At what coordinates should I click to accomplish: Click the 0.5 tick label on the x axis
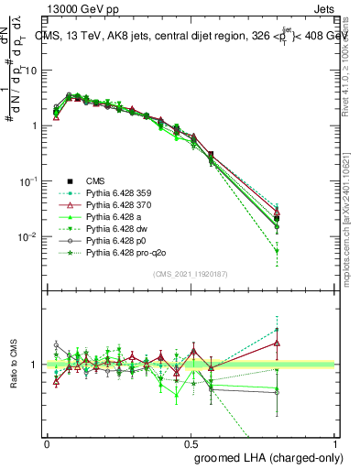click(191, 442)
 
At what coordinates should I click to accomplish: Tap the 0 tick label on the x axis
click(47, 442)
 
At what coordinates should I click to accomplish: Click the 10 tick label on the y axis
click(32, 71)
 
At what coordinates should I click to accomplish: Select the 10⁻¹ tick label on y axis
click(30, 181)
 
